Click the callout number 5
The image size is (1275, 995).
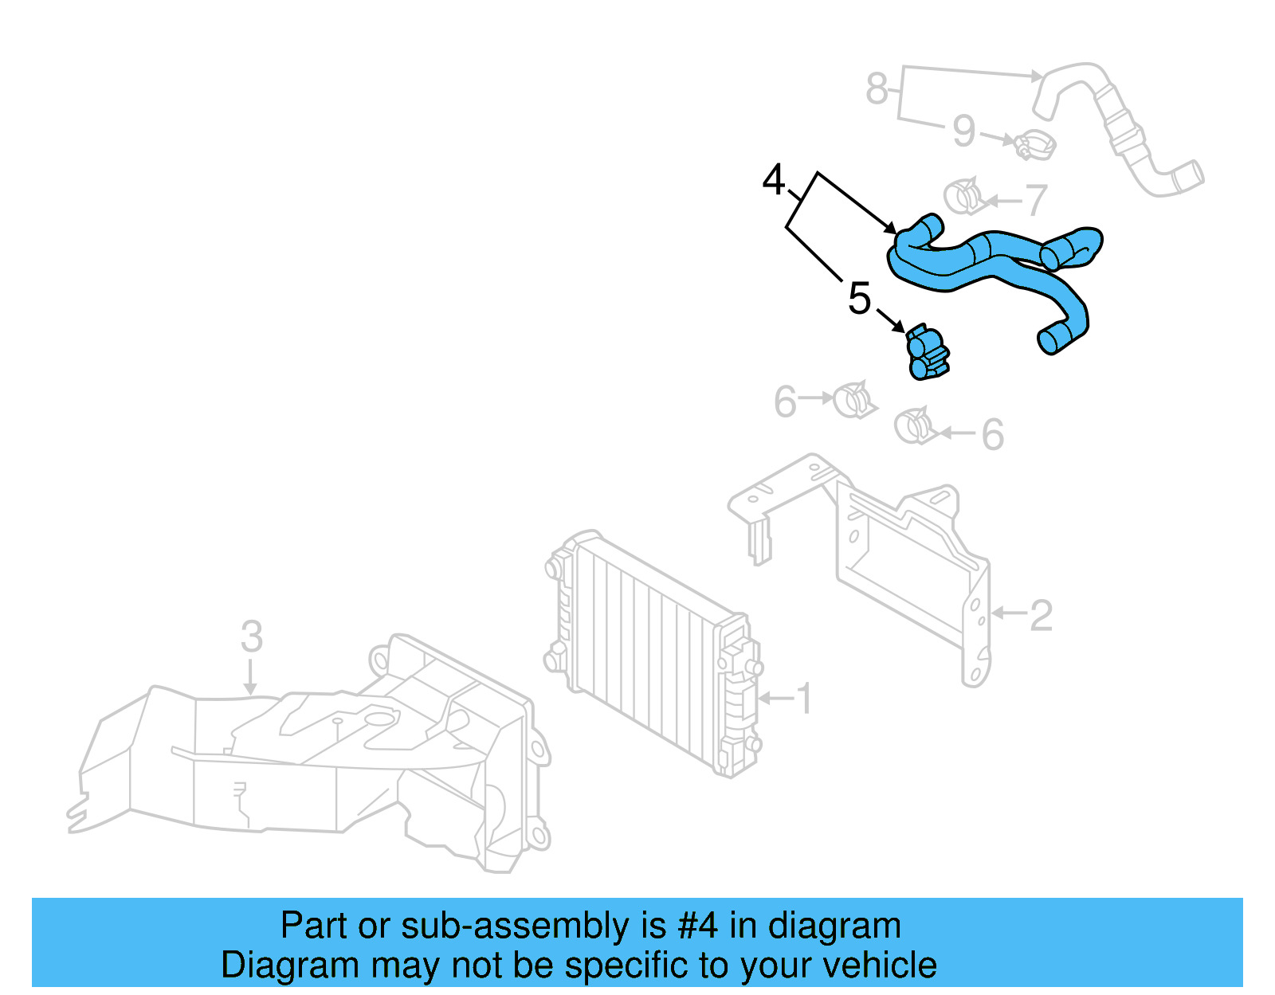[x=859, y=299]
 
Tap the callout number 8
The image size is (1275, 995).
[x=877, y=88]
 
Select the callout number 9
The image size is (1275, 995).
[x=963, y=131]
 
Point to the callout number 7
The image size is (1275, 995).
[x=1035, y=200]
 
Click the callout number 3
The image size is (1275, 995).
[x=252, y=637]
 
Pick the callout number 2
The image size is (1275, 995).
[x=1041, y=616]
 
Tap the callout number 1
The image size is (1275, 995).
[x=805, y=699]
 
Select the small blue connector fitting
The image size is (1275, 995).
[x=927, y=355]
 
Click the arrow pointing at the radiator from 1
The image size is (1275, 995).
[x=775, y=699]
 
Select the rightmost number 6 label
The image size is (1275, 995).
[x=992, y=435]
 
